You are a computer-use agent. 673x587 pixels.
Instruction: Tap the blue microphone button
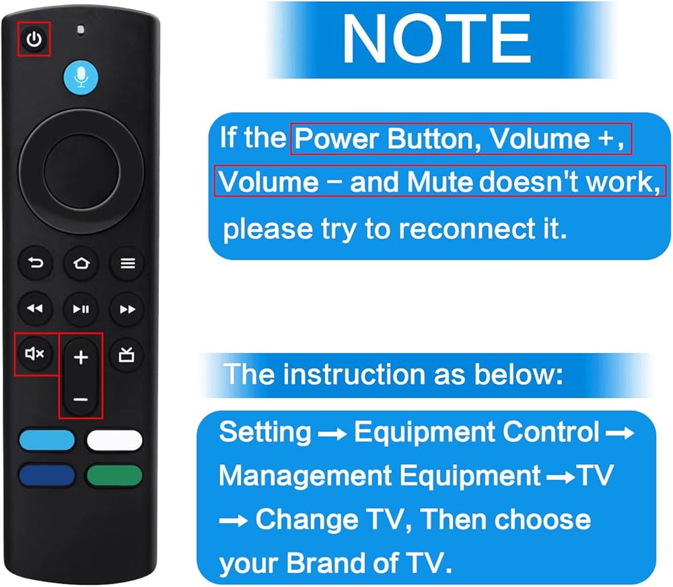(81, 77)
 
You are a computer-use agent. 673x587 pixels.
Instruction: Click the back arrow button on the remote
(36, 262)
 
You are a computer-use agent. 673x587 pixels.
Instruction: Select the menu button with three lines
(127, 263)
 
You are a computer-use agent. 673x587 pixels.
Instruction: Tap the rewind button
(35, 309)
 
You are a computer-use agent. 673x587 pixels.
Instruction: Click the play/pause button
(81, 309)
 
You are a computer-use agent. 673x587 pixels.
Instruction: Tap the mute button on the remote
(35, 354)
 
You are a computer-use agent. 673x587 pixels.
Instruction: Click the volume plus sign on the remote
(81, 357)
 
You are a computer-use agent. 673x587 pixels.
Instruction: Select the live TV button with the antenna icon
(127, 354)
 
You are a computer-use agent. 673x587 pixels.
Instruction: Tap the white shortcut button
(114, 440)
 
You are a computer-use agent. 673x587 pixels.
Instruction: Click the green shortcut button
(114, 475)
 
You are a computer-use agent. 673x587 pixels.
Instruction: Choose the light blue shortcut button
(47, 440)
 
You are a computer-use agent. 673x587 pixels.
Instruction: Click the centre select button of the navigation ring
(81, 171)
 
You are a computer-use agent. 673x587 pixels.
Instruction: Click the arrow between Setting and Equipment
(332, 434)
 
